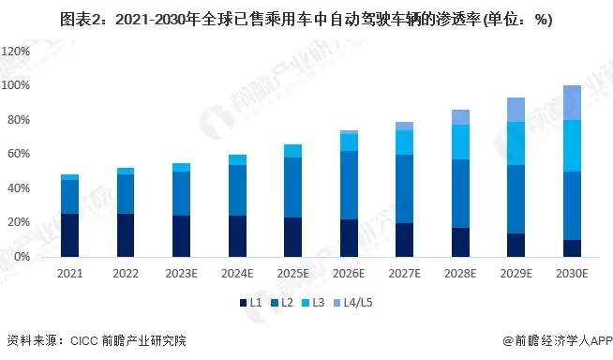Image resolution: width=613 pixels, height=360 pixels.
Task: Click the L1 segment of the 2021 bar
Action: point(69,235)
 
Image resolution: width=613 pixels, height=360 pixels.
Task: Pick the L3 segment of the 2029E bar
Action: point(516,143)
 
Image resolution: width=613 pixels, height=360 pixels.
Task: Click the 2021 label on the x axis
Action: point(69,273)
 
